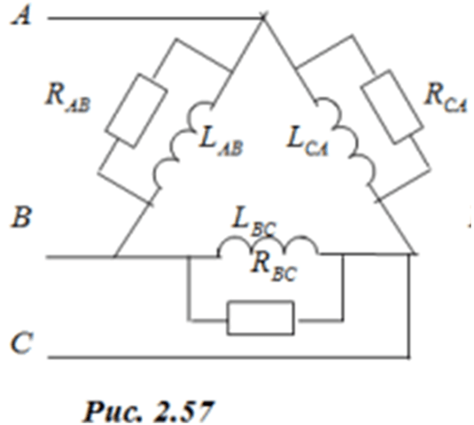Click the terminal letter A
click(x=21, y=16)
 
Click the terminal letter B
click(x=21, y=216)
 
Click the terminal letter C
click(x=21, y=342)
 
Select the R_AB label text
click(x=67, y=98)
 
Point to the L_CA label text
click(x=307, y=142)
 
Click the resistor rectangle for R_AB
click(x=136, y=111)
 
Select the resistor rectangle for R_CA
click(x=392, y=106)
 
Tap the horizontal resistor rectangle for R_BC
click(x=260, y=318)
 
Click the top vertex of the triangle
click(x=263, y=18)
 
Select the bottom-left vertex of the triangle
click(x=114, y=256)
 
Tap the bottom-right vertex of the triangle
click(x=413, y=253)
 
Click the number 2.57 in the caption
click(x=184, y=412)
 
